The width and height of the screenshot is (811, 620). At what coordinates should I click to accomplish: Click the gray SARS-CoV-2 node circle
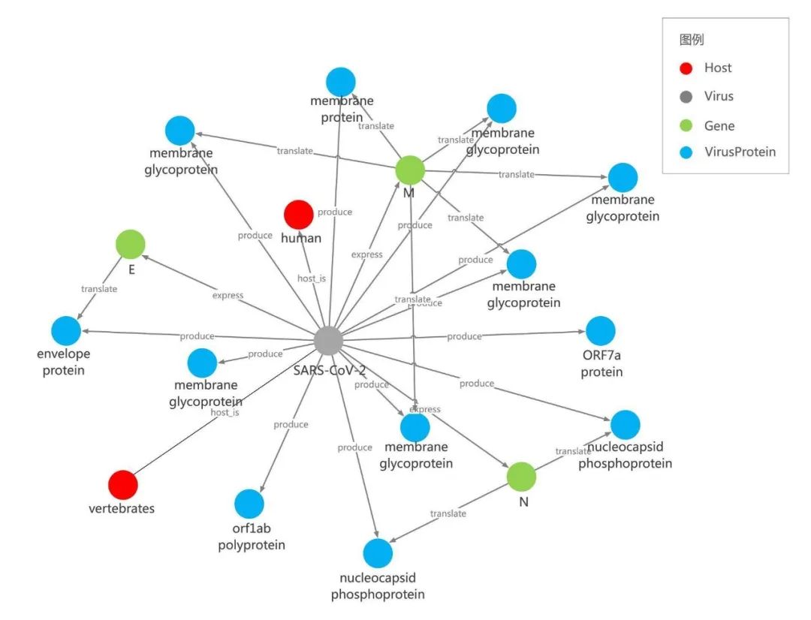(328, 341)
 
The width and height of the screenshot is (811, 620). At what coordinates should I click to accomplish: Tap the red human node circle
(298, 215)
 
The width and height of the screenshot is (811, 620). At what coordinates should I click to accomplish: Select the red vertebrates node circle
(123, 485)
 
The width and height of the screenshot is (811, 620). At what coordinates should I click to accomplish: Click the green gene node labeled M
(410, 170)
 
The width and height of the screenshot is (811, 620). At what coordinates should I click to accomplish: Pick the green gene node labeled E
(130, 244)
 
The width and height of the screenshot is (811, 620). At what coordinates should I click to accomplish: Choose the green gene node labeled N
(521, 476)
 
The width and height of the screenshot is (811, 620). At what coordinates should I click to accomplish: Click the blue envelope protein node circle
(66, 331)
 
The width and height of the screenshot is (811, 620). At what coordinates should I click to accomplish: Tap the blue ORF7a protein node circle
(600, 331)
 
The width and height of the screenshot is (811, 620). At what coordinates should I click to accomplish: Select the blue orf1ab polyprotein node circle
(249, 504)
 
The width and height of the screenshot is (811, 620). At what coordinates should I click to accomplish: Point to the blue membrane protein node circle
(341, 82)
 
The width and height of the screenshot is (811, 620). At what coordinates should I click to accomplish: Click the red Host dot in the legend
(685, 68)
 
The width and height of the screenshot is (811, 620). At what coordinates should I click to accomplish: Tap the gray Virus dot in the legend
(685, 97)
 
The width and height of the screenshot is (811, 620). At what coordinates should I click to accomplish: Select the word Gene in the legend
(719, 126)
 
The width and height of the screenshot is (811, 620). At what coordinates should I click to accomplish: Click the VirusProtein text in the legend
(740, 152)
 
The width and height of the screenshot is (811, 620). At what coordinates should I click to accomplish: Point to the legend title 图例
(692, 40)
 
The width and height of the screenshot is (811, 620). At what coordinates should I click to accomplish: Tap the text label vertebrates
(122, 509)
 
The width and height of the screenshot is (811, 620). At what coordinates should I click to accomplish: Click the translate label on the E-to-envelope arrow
(99, 289)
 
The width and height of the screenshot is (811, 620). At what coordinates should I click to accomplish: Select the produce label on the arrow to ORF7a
(464, 336)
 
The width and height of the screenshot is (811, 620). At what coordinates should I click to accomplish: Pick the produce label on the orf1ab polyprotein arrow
(291, 425)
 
